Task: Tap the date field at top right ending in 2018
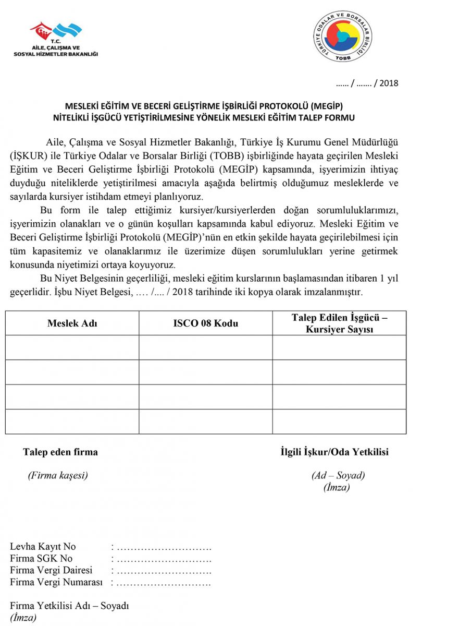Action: pyautogui.click(x=367, y=83)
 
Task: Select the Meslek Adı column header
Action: pyautogui.click(x=72, y=323)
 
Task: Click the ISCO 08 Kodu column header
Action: pyautogui.click(x=206, y=323)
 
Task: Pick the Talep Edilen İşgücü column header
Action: pyautogui.click(x=339, y=323)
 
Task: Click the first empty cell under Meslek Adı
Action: pyautogui.click(x=72, y=347)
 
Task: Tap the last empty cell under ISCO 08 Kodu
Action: pyautogui.click(x=206, y=422)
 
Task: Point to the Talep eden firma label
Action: pyautogui.click(x=60, y=452)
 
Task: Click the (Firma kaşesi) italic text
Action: pyautogui.click(x=58, y=475)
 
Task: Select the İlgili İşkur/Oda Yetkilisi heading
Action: pyautogui.click(x=334, y=452)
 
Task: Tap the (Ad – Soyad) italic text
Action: pyautogui.click(x=338, y=475)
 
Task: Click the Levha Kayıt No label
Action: pyautogui.click(x=43, y=547)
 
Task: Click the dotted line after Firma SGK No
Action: pyautogui.click(x=164, y=559)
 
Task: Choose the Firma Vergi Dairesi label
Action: pyautogui.click(x=51, y=570)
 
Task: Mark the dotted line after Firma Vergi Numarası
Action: pyautogui.click(x=164, y=582)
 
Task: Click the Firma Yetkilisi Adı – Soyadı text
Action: pyautogui.click(x=69, y=606)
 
